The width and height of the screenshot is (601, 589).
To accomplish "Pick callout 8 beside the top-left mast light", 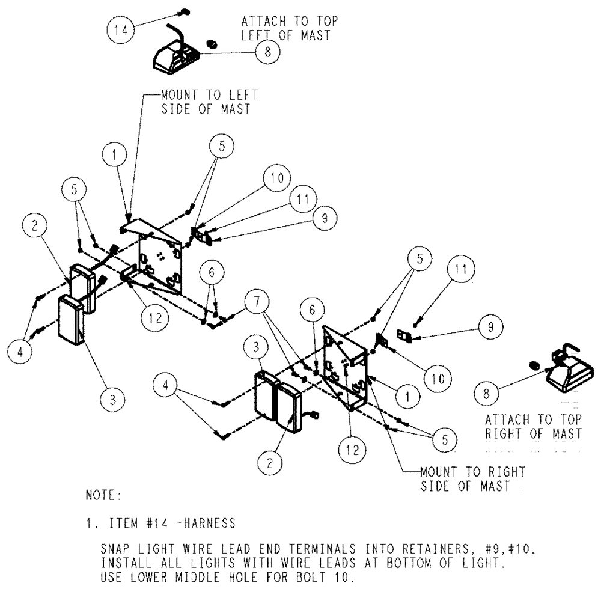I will click(x=267, y=52).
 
